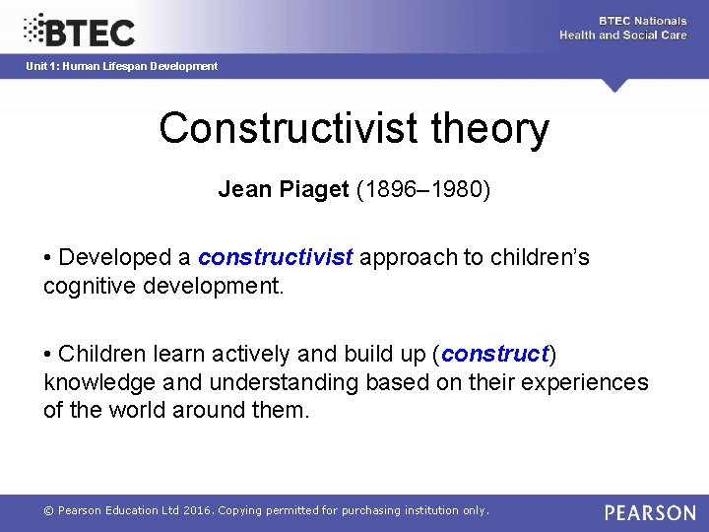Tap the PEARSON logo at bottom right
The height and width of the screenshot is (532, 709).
[x=650, y=512]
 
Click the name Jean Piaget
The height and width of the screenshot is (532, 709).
[x=284, y=189]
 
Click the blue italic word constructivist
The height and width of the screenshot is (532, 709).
[x=275, y=258]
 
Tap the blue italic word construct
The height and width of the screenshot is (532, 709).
[x=495, y=354]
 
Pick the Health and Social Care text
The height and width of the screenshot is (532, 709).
[x=622, y=35]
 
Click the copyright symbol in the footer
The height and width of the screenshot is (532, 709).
[x=48, y=510]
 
